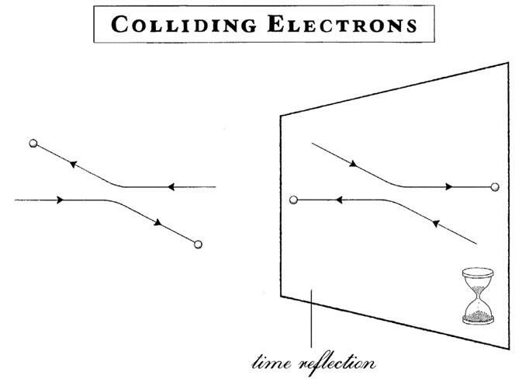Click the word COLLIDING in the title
coord(184,25)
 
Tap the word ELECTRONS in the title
coord(342,24)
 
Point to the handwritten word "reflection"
coord(337,364)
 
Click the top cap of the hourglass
coord(478,272)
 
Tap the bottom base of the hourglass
coord(478,319)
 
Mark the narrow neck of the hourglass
coord(478,296)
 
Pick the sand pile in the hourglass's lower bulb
coord(478,315)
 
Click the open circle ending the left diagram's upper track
coord(33,143)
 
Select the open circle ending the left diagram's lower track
coord(198,244)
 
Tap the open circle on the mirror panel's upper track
coord(495,186)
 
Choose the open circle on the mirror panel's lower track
coord(293,200)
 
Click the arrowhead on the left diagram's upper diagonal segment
coord(73,164)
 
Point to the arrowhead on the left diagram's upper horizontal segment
coord(171,186)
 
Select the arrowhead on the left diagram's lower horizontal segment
coord(60,200)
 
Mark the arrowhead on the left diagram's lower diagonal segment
coord(158,222)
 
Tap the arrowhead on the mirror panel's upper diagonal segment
coord(353,164)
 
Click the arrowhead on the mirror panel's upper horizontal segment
coord(448,186)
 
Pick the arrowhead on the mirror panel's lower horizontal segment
coord(339,200)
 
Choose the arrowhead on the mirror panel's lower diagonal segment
coord(436,223)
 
